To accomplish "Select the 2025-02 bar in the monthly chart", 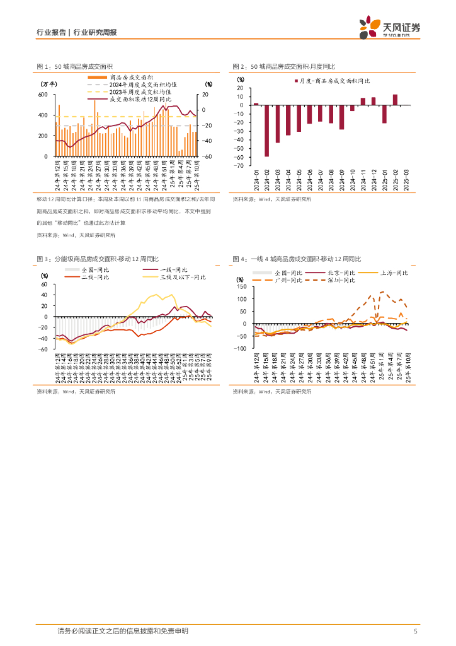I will click(x=395, y=99).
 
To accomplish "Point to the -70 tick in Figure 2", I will click(x=240, y=165).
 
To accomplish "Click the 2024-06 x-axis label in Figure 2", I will click(x=309, y=179).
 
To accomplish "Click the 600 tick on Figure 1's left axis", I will click(x=43, y=95).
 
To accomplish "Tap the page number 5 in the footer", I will click(x=415, y=631).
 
